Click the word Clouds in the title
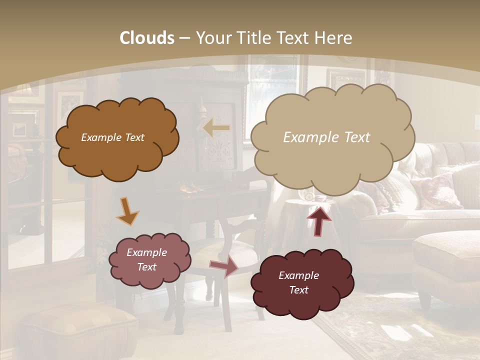click(x=147, y=38)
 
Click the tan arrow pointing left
click(x=216, y=127)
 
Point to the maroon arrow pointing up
click(x=318, y=220)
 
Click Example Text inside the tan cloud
click(x=326, y=137)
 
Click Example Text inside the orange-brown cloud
click(x=112, y=137)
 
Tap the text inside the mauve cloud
click(x=147, y=259)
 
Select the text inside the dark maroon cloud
click(x=298, y=282)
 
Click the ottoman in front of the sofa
click(x=445, y=260)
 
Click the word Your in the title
click(x=214, y=38)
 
